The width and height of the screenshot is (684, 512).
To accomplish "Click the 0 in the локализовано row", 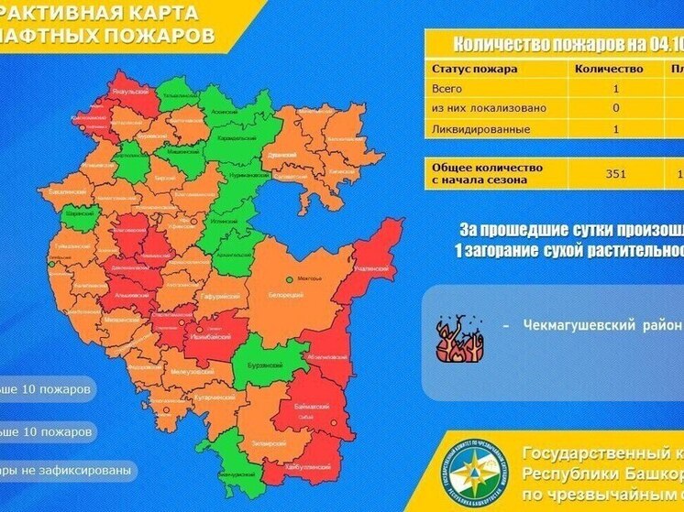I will pyautogui.click(x=615, y=109).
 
